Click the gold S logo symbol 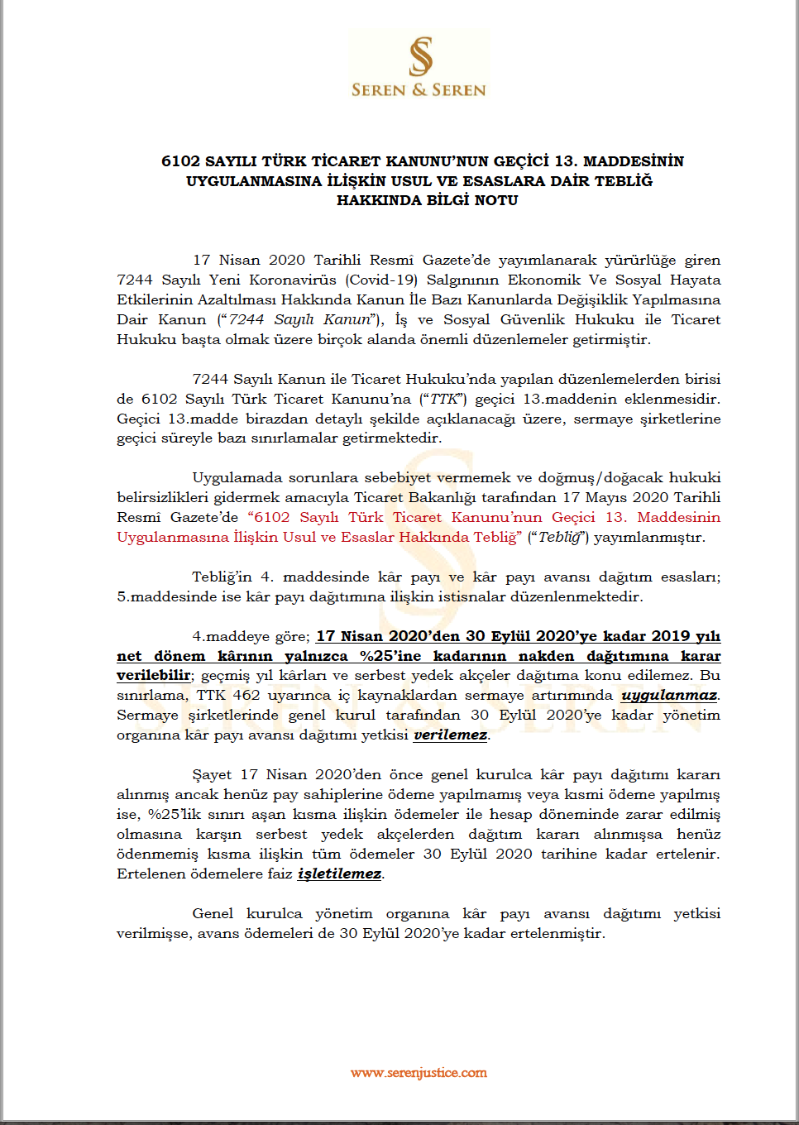point(420,55)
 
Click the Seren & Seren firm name point(419,90)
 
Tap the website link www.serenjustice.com point(419,1073)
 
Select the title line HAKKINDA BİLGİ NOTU point(427,200)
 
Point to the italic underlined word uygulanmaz point(669,696)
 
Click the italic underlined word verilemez point(450,735)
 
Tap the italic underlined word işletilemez point(339,874)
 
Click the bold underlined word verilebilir point(153,676)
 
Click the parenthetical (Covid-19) point(381,280)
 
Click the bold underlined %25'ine point(390,656)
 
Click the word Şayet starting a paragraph point(212,775)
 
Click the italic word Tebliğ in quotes point(558,537)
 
